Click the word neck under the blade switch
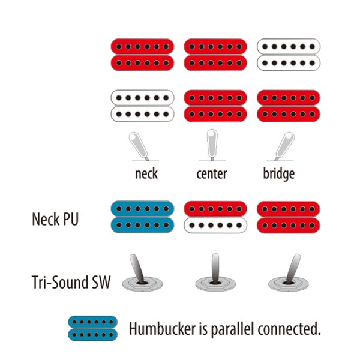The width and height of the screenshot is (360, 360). pyautogui.click(x=146, y=173)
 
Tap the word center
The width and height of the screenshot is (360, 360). pyautogui.click(x=212, y=174)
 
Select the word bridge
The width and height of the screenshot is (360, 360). pyautogui.click(x=279, y=174)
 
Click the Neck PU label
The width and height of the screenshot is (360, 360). pyautogui.click(x=55, y=219)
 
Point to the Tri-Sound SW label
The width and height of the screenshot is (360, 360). pyautogui.click(x=71, y=282)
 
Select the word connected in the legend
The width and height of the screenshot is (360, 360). pyautogui.click(x=289, y=329)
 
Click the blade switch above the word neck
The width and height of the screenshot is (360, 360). pyautogui.click(x=139, y=146)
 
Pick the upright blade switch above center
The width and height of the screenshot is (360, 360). pyautogui.click(x=212, y=145)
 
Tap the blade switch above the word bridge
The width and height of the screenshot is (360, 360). pyautogui.click(x=284, y=146)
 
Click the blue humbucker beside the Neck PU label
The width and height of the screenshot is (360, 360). pyautogui.click(x=142, y=217)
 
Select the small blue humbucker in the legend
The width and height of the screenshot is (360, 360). pyautogui.click(x=93, y=328)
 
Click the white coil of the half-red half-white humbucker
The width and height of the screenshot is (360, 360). pyautogui.click(x=215, y=226)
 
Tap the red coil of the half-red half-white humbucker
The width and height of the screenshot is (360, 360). pyautogui.click(x=215, y=209)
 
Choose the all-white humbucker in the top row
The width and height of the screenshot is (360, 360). pyautogui.click(x=289, y=55)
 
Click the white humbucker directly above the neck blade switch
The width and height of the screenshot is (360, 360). pyautogui.click(x=142, y=106)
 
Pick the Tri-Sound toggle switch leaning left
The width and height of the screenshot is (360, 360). pyautogui.click(x=140, y=273)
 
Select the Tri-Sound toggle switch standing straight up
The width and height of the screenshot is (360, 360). pyautogui.click(x=215, y=273)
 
